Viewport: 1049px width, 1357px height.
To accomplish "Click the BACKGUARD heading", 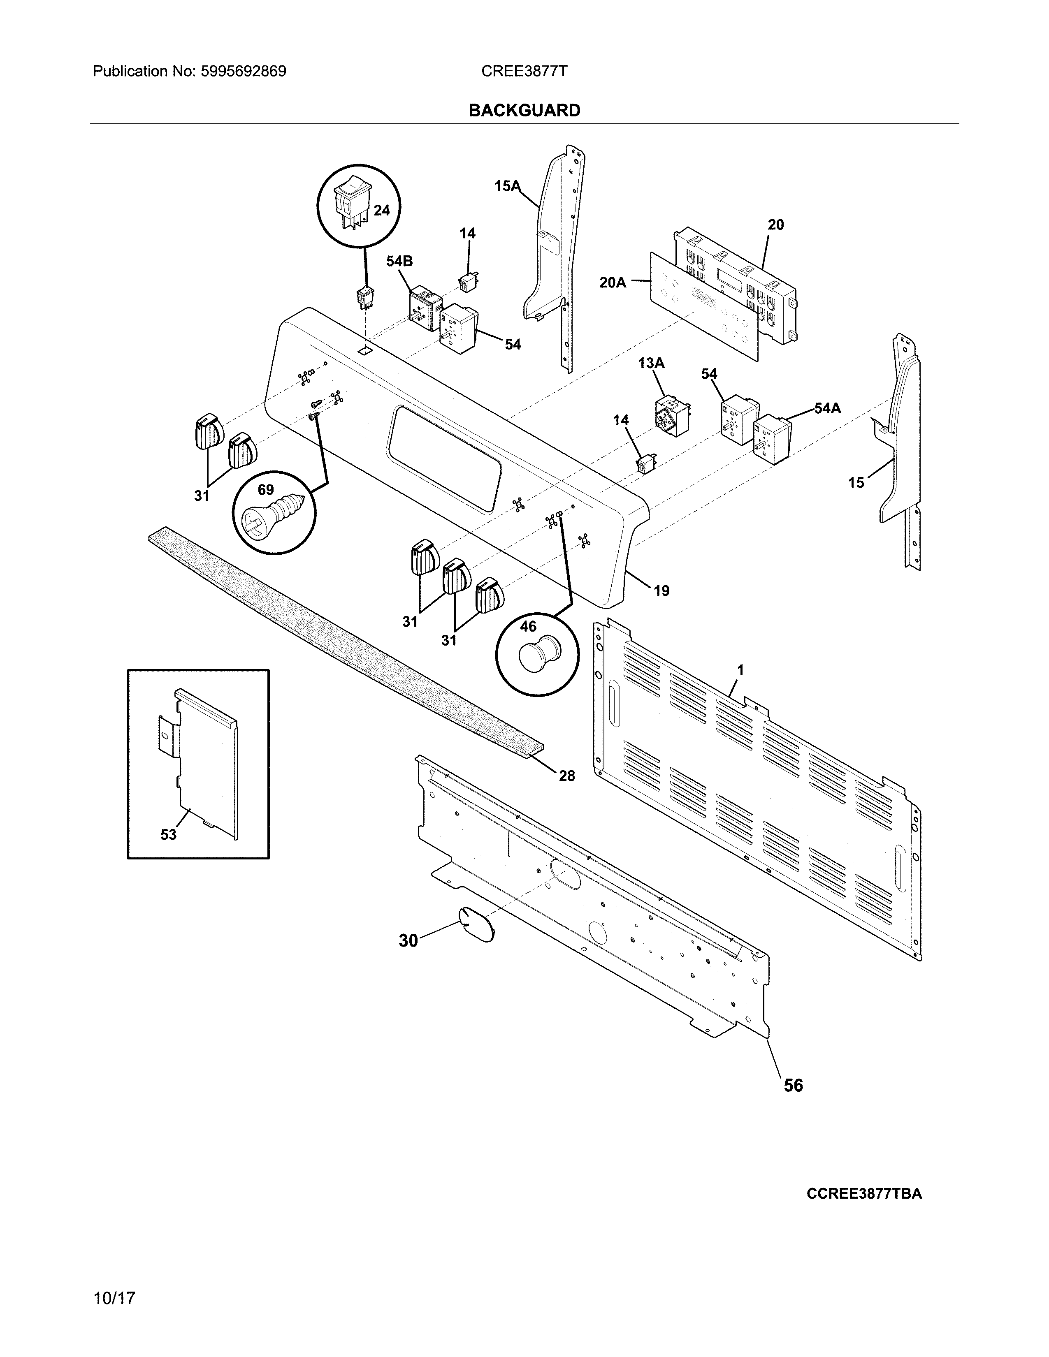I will [x=524, y=111].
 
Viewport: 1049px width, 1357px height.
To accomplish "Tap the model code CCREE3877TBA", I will [x=864, y=1194].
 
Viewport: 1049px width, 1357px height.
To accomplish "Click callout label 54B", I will [x=399, y=262].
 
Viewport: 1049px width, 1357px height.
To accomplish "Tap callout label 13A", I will [x=651, y=363].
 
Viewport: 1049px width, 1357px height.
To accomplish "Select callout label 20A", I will [x=613, y=283].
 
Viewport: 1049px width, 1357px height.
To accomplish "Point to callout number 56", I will [x=793, y=1085].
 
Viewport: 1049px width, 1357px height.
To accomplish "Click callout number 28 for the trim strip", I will [x=566, y=776].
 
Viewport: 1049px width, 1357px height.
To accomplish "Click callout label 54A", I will [x=828, y=408].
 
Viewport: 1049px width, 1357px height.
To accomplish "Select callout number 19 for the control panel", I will [x=661, y=590].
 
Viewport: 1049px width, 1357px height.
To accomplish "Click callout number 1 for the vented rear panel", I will [x=740, y=670].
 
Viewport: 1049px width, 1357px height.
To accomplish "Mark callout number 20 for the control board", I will [x=775, y=224].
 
